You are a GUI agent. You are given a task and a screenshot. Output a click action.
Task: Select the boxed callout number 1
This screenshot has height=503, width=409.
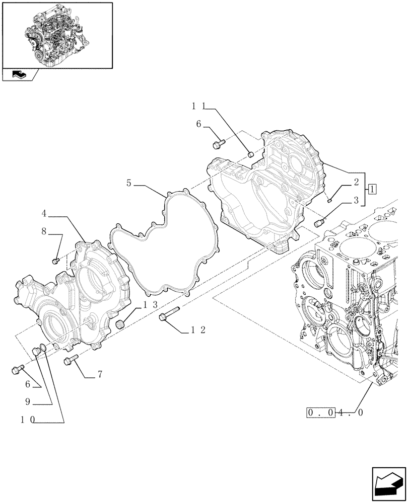point(371,190)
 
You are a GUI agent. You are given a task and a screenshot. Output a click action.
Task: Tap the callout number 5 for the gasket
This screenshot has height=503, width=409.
point(129,184)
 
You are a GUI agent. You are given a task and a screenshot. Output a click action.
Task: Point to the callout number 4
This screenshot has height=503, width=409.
point(44,214)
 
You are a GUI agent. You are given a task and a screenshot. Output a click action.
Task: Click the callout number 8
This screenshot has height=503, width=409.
point(43,232)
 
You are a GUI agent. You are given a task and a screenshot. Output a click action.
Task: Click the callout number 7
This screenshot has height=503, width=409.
point(100,374)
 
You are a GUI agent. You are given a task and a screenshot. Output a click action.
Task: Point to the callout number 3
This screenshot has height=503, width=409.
point(355,201)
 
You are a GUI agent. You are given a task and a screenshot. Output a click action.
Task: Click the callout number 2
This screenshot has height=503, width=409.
point(356,183)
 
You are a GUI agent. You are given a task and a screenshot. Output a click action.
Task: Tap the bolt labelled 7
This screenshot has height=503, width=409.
point(71,359)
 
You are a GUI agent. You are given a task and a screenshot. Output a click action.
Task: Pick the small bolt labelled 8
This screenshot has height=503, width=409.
point(56,261)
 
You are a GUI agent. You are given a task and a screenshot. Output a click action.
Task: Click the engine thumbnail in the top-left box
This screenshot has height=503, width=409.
point(56,34)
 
